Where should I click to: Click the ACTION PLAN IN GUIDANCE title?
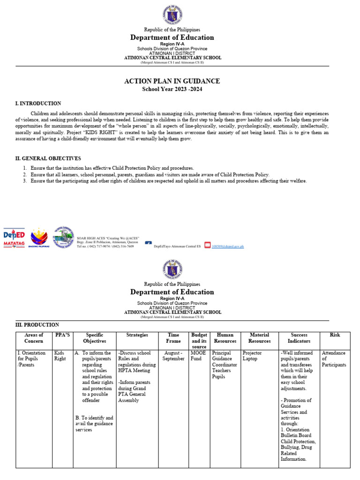click(x=172, y=81)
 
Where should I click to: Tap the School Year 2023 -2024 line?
click(x=172, y=89)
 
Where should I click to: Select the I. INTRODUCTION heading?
click(x=38, y=103)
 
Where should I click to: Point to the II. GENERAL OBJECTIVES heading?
click(x=48, y=158)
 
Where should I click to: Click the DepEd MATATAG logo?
click(x=14, y=238)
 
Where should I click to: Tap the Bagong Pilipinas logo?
click(x=39, y=238)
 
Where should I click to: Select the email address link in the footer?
click(x=228, y=246)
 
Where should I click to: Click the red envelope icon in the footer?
click(x=208, y=246)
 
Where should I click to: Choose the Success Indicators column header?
click(x=299, y=338)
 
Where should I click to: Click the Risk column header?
click(x=335, y=335)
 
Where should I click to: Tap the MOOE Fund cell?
click(x=196, y=356)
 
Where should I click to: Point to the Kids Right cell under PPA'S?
click(x=60, y=356)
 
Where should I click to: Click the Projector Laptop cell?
click(x=252, y=356)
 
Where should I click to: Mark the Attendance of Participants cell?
click(x=334, y=359)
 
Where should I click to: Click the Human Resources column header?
click(x=225, y=338)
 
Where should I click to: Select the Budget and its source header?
click(x=199, y=341)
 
